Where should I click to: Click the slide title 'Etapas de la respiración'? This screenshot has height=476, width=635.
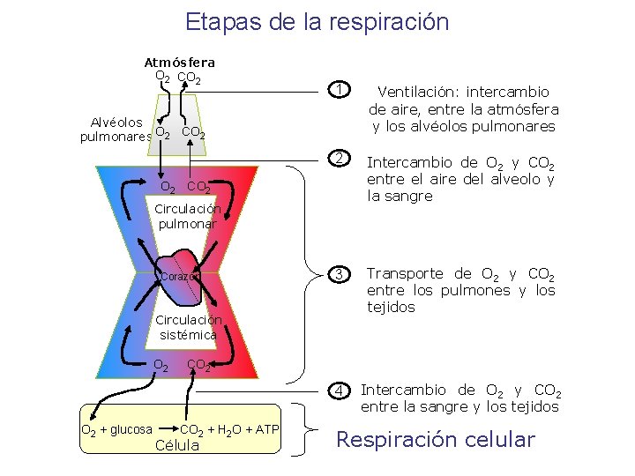pyautogui.click(x=317, y=22)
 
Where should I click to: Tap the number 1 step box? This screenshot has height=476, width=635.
pyautogui.click(x=336, y=89)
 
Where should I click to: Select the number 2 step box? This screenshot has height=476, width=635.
pyautogui.click(x=336, y=160)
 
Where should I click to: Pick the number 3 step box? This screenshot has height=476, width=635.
pyautogui.click(x=336, y=274)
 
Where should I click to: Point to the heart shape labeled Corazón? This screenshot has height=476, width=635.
pyautogui.click(x=182, y=270)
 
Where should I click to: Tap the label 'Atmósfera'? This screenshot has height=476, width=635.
pyautogui.click(x=179, y=63)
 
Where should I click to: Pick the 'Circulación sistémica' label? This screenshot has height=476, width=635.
pyautogui.click(x=188, y=327)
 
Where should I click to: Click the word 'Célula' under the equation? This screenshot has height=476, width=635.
pyautogui.click(x=177, y=445)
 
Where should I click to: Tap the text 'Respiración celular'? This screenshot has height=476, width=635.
pyautogui.click(x=437, y=439)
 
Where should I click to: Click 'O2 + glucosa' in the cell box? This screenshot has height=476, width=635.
pyautogui.click(x=116, y=430)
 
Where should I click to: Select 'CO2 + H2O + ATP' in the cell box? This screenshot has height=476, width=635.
pyautogui.click(x=229, y=430)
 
